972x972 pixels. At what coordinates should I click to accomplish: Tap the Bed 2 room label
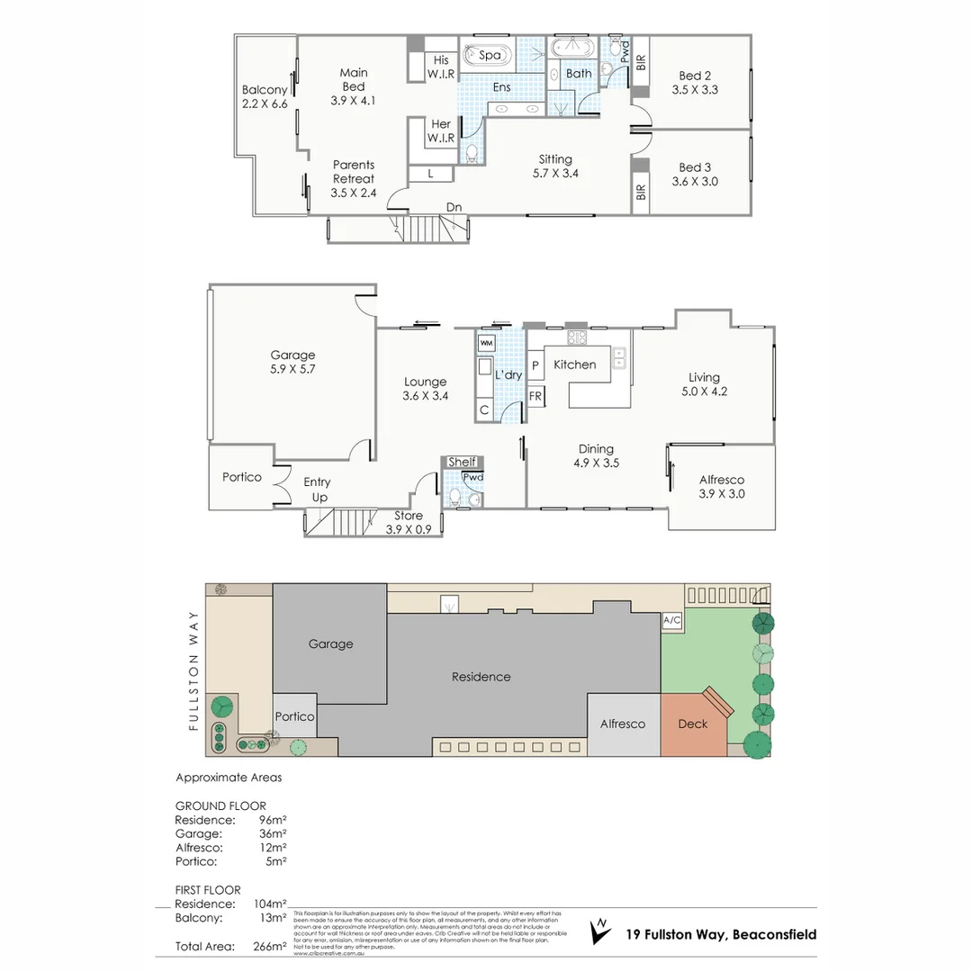point(696,83)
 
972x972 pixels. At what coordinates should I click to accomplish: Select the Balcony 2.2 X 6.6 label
point(265,96)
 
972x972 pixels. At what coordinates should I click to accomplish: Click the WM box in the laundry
point(486,343)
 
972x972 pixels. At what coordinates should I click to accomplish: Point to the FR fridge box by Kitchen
point(535,396)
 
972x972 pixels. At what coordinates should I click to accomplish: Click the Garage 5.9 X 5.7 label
point(293,362)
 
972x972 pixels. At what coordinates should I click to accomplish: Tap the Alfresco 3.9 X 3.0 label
point(722,487)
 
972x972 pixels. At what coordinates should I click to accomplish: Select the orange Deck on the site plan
point(693,723)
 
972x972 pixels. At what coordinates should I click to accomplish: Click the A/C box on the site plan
point(671,620)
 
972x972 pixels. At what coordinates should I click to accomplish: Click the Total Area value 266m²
point(270,946)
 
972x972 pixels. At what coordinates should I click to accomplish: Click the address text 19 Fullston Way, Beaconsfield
point(721,934)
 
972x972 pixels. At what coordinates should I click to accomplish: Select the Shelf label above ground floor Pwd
point(462,462)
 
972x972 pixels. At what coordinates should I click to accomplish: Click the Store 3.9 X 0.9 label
point(414,523)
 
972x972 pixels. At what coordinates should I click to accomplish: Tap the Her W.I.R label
point(441,131)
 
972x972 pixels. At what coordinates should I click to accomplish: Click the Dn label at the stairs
point(454,208)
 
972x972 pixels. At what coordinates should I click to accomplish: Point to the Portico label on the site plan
point(294,716)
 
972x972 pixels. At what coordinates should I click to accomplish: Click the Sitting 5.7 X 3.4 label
point(555,166)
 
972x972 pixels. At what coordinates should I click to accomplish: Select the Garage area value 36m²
point(272,833)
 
